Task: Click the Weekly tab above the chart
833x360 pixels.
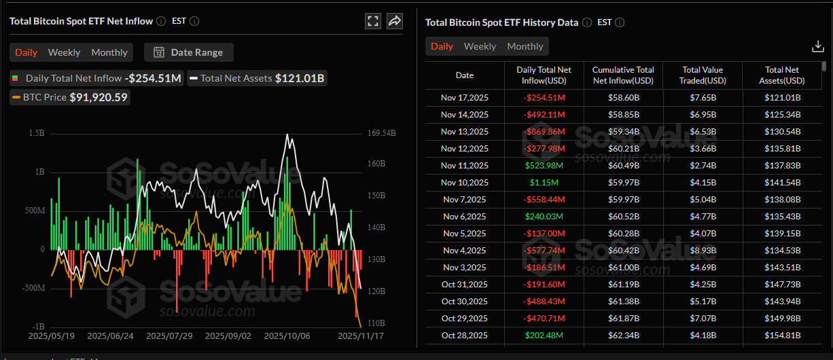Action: click(x=64, y=52)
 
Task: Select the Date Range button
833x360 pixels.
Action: click(x=188, y=52)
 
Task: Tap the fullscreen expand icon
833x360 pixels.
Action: click(x=372, y=21)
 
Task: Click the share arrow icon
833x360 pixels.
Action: click(x=395, y=21)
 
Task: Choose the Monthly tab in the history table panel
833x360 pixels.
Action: click(x=525, y=46)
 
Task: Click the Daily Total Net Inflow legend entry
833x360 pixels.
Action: click(x=97, y=78)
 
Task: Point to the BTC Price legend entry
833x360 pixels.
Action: click(x=70, y=97)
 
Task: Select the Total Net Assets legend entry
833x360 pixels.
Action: click(x=257, y=78)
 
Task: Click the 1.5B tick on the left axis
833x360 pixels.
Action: click(x=37, y=133)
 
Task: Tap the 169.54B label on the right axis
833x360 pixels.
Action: click(x=381, y=133)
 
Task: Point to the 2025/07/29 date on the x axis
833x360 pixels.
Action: click(x=170, y=336)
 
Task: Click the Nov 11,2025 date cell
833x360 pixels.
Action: click(x=465, y=166)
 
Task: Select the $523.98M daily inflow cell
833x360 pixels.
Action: click(x=544, y=166)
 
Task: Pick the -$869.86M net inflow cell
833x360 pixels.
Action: click(x=544, y=132)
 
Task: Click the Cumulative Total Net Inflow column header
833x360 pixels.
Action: click(x=623, y=75)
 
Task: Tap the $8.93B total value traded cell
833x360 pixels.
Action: click(x=703, y=251)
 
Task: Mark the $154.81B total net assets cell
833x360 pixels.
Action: click(x=782, y=336)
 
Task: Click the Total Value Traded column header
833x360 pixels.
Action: click(x=703, y=75)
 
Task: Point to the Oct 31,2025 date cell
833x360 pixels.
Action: click(x=465, y=285)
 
